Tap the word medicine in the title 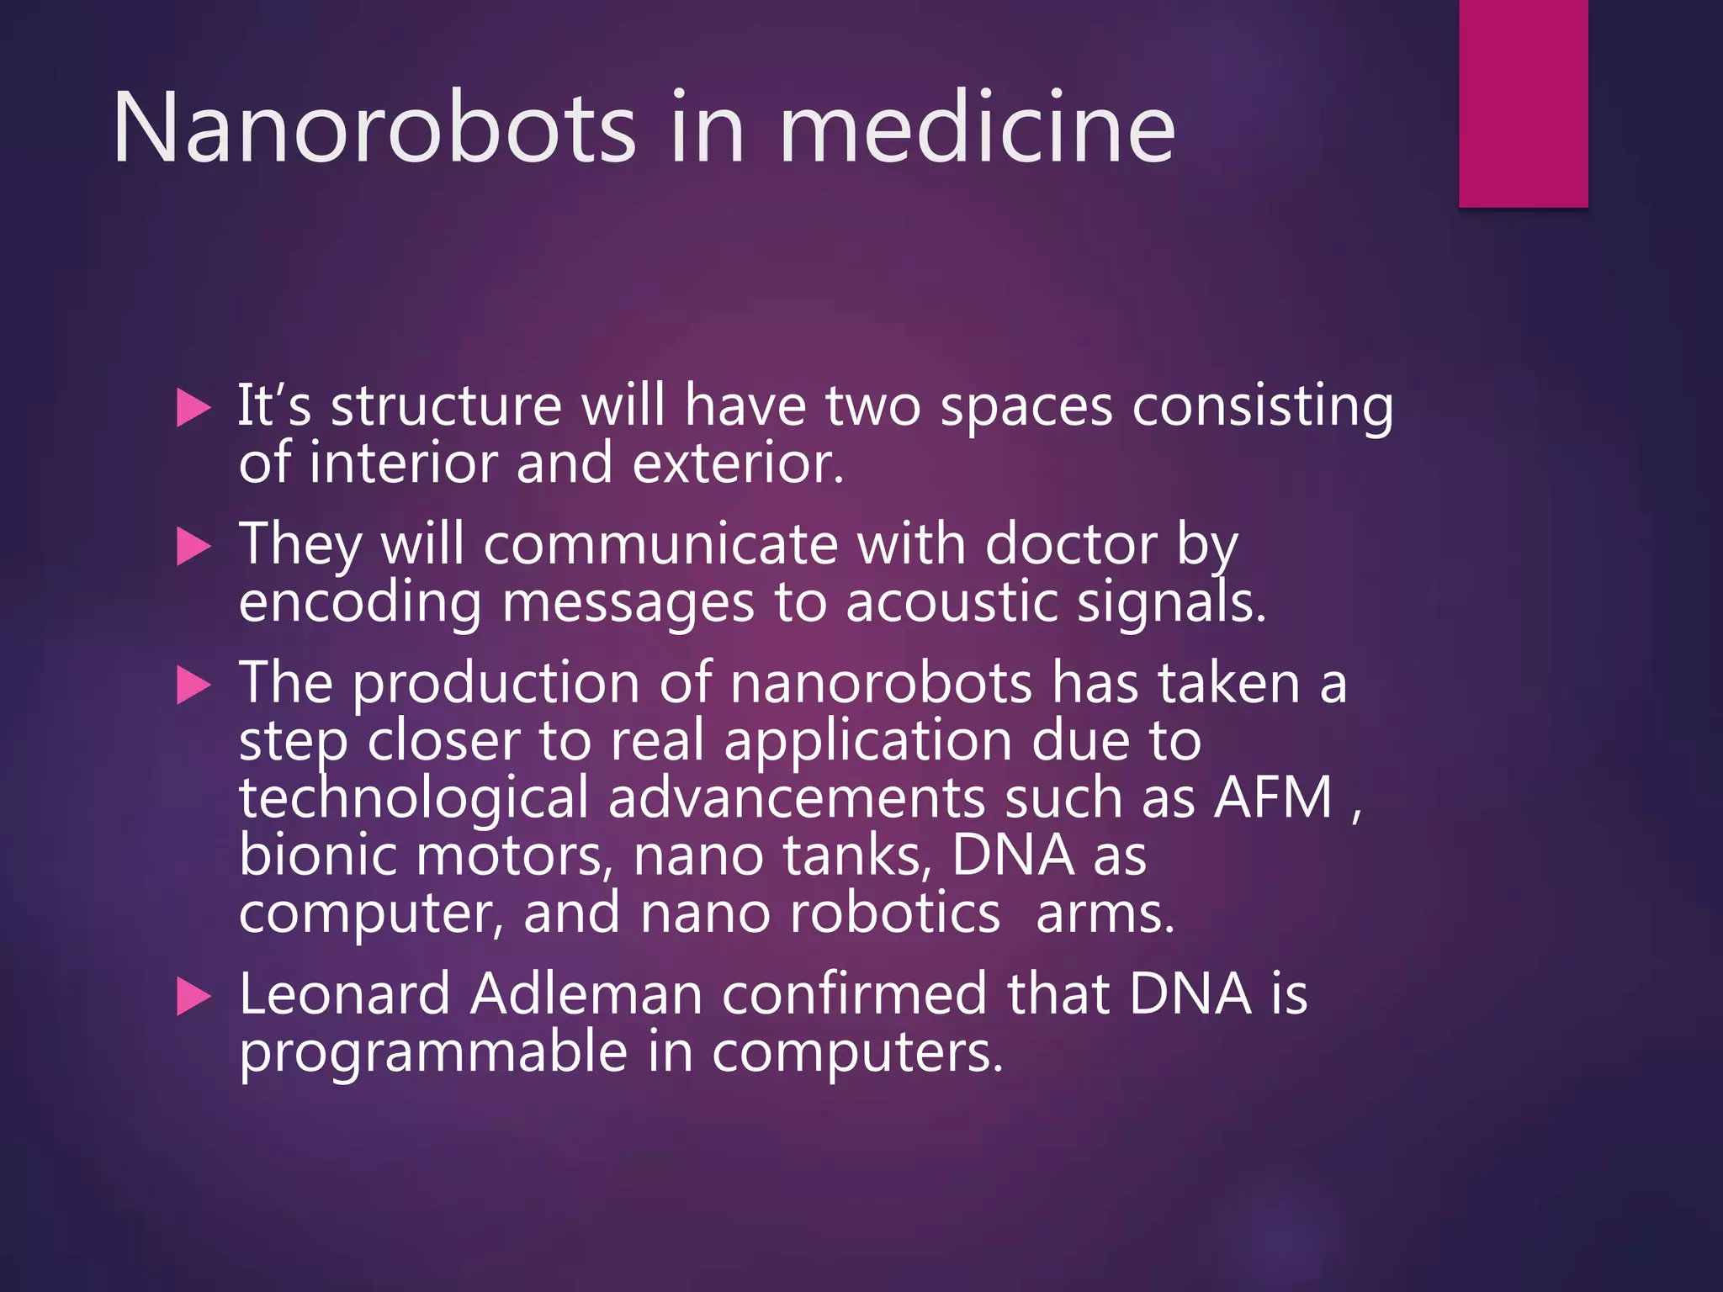(x=977, y=128)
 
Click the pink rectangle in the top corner (x=1523, y=103)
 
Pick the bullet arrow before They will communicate (x=194, y=548)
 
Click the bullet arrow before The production (x=194, y=686)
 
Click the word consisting (x=1262, y=407)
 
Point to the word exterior (x=737, y=464)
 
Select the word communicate (x=660, y=545)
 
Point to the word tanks (x=856, y=855)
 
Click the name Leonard (x=345, y=994)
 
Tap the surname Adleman (x=586, y=994)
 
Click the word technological (x=413, y=798)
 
